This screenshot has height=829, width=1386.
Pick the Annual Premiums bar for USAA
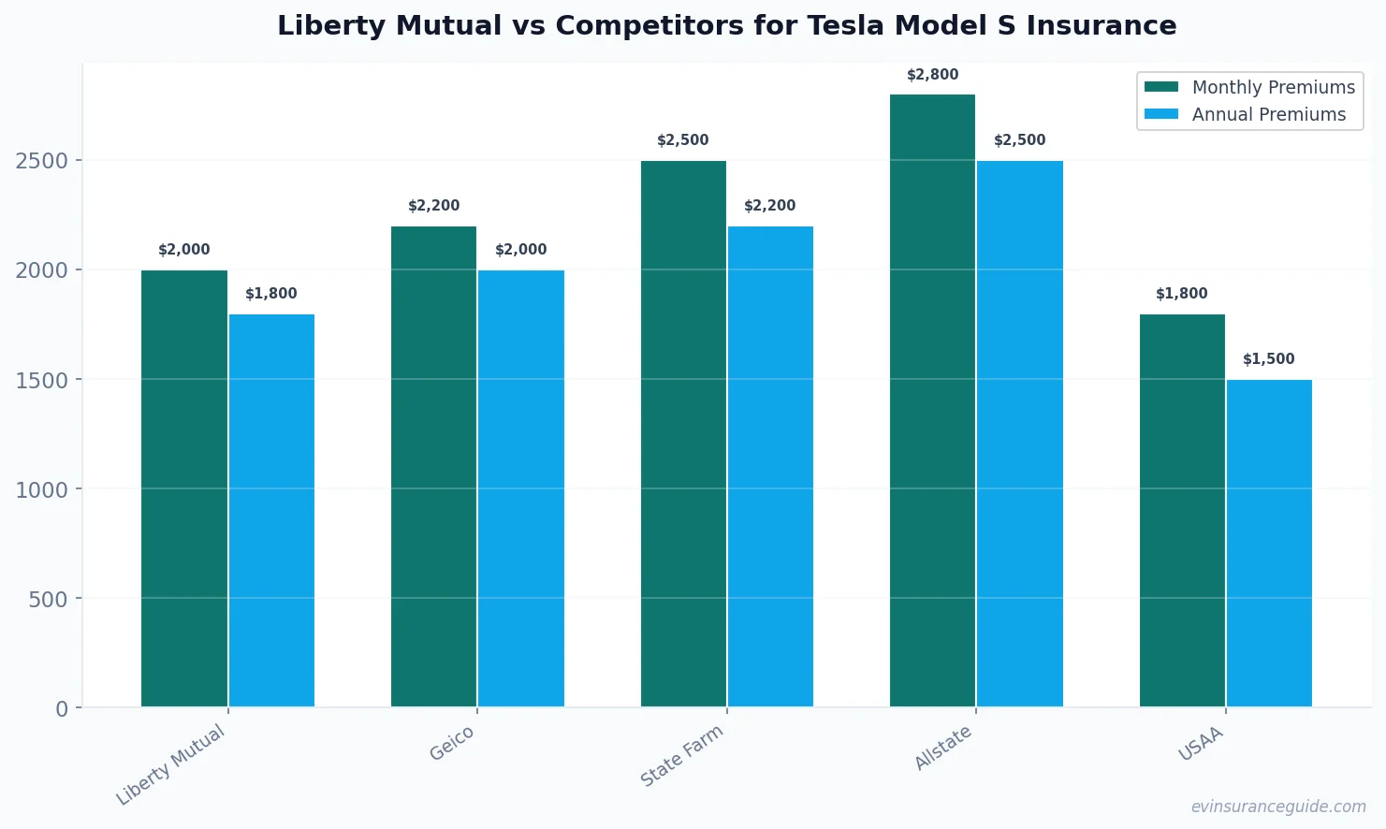[x=1269, y=543]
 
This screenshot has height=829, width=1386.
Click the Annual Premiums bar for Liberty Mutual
[x=271, y=510]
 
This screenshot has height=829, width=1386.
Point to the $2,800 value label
[x=932, y=75]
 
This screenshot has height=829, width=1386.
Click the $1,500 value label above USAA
[x=1269, y=359]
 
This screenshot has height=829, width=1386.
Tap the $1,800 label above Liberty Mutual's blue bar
[x=271, y=294]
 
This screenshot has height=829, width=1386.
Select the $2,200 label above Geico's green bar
[x=434, y=206]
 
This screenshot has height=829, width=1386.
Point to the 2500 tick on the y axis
[x=42, y=161]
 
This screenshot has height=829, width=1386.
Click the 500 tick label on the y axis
[x=48, y=599]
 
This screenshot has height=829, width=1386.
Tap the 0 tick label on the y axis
[x=62, y=708]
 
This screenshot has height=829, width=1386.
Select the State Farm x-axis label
[x=682, y=756]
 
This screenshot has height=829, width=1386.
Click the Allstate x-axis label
[x=943, y=749]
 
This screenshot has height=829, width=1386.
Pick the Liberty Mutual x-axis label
[x=170, y=764]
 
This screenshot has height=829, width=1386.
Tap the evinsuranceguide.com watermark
[x=1278, y=807]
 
